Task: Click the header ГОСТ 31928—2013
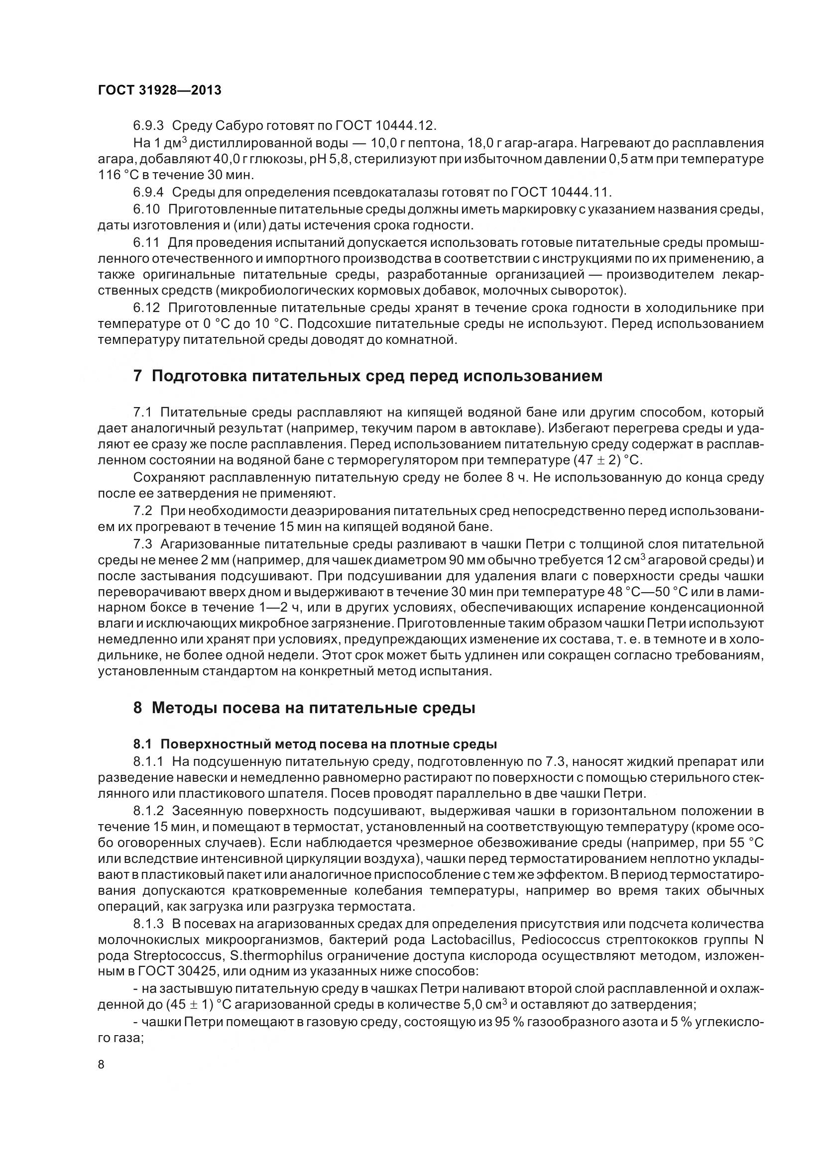[x=159, y=90]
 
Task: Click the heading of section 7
[x=367, y=376]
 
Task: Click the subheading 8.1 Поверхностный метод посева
[x=314, y=744]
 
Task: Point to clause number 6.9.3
[x=148, y=125]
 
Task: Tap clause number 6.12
[x=146, y=308]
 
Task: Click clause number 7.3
[x=142, y=544]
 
